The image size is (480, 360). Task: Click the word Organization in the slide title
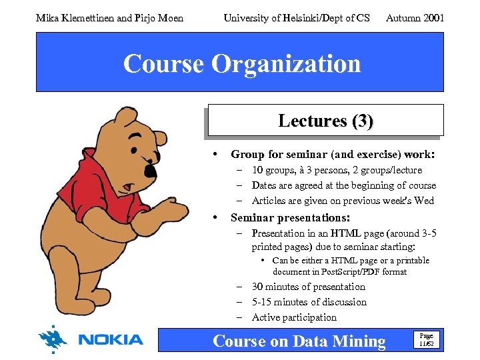(x=286, y=64)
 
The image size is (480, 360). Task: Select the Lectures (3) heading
(x=325, y=121)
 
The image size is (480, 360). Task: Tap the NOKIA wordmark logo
(x=111, y=340)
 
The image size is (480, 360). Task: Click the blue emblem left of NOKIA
(x=53, y=339)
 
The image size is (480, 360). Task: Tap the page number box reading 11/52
(x=425, y=340)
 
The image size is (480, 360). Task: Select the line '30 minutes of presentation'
(x=308, y=287)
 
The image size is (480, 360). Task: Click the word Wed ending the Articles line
(x=424, y=201)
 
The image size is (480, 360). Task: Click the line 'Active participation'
(x=294, y=317)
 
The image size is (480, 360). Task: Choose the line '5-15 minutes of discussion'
(x=309, y=302)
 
